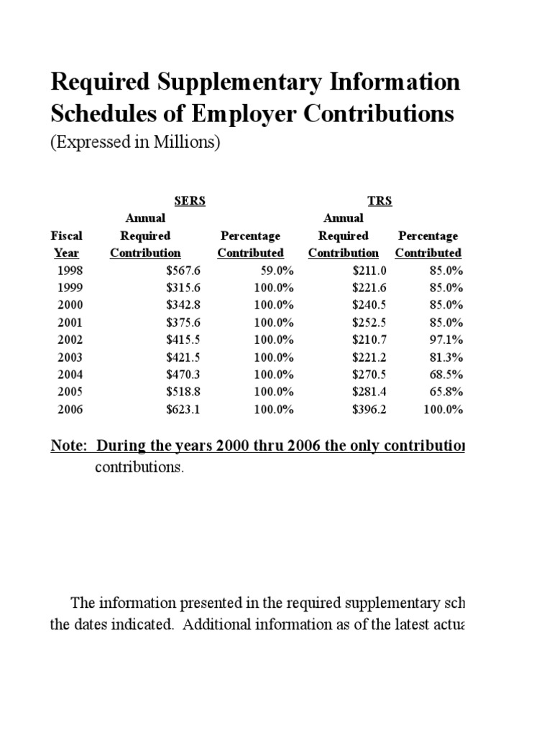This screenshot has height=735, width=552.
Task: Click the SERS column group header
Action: (x=190, y=201)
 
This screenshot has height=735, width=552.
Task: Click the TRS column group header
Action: (x=379, y=201)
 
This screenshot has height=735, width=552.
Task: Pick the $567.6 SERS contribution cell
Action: (x=165, y=271)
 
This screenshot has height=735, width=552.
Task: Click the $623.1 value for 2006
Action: (x=165, y=409)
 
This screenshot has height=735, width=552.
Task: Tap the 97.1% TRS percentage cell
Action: (x=445, y=340)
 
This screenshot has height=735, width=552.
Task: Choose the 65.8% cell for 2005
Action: (x=445, y=392)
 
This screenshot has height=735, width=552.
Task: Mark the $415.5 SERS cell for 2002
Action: (x=165, y=340)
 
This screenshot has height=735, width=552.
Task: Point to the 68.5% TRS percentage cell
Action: (x=445, y=374)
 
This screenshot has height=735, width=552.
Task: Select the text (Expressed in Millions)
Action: (x=134, y=142)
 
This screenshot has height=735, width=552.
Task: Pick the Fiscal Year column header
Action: (x=66, y=244)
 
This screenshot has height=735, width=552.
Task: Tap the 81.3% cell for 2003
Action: (x=445, y=357)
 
